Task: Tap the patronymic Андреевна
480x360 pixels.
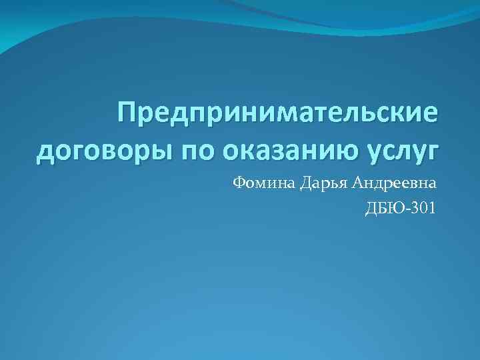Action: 395,183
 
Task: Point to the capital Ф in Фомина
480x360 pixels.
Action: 239,183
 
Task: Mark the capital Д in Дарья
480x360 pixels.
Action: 305,183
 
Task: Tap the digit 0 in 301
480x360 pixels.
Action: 424,209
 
